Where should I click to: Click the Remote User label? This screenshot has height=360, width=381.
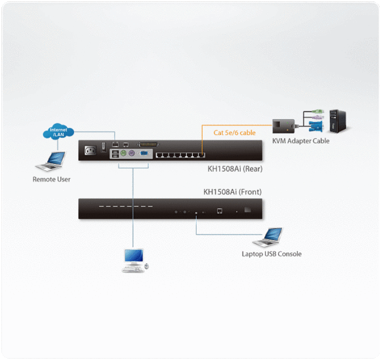coord(52,179)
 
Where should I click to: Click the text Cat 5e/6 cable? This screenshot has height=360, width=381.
coord(234,132)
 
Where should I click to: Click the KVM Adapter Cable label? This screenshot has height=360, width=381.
coord(300,141)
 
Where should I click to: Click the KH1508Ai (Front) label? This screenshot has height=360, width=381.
coord(231,192)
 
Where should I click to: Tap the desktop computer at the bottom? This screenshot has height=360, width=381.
coord(134,260)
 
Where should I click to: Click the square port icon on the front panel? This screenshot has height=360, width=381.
coord(220,211)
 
